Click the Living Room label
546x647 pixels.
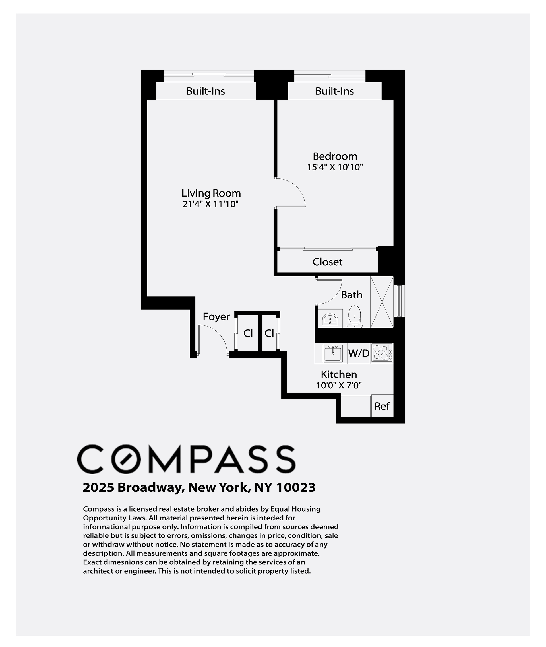point(211,193)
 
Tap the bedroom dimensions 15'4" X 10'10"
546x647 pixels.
point(335,167)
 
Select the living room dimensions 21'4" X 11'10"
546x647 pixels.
point(210,204)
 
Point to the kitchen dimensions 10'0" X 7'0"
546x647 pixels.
point(339,385)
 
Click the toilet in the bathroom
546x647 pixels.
point(354,317)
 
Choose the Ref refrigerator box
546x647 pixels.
point(382,406)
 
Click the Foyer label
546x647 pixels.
point(216,317)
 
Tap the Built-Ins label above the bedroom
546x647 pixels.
point(335,91)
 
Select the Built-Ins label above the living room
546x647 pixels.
point(206,91)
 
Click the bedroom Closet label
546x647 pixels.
point(328,262)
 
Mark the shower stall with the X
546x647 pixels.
point(382,302)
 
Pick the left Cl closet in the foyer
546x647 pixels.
point(248,333)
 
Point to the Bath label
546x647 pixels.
point(351,295)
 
